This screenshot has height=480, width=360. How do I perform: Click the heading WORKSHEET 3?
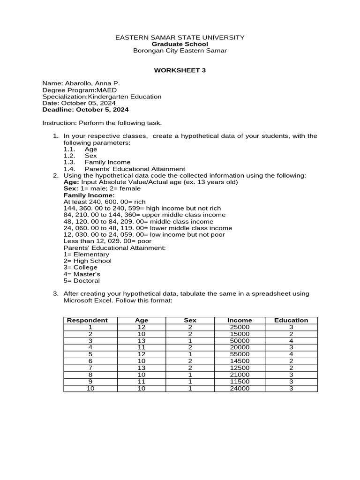pos(180,70)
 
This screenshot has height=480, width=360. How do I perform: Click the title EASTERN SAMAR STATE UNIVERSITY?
pos(180,37)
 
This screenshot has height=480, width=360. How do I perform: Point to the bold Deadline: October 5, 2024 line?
pos(85,110)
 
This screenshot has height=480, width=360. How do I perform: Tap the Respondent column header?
pos(87,320)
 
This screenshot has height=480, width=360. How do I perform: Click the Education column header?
pos(291,320)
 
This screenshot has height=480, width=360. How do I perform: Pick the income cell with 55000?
pos(240,354)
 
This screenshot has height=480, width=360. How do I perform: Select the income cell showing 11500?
pos(240,382)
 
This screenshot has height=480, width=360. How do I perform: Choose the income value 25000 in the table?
pos(240,327)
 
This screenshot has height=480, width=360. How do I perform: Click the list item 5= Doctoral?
pos(82,281)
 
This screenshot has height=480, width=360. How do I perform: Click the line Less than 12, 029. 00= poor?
pos(107,241)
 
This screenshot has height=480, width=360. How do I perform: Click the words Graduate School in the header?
pos(180,44)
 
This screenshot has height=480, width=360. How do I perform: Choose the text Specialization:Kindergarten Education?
pos(102,97)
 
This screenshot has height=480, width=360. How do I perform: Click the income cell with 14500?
pos(240,361)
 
